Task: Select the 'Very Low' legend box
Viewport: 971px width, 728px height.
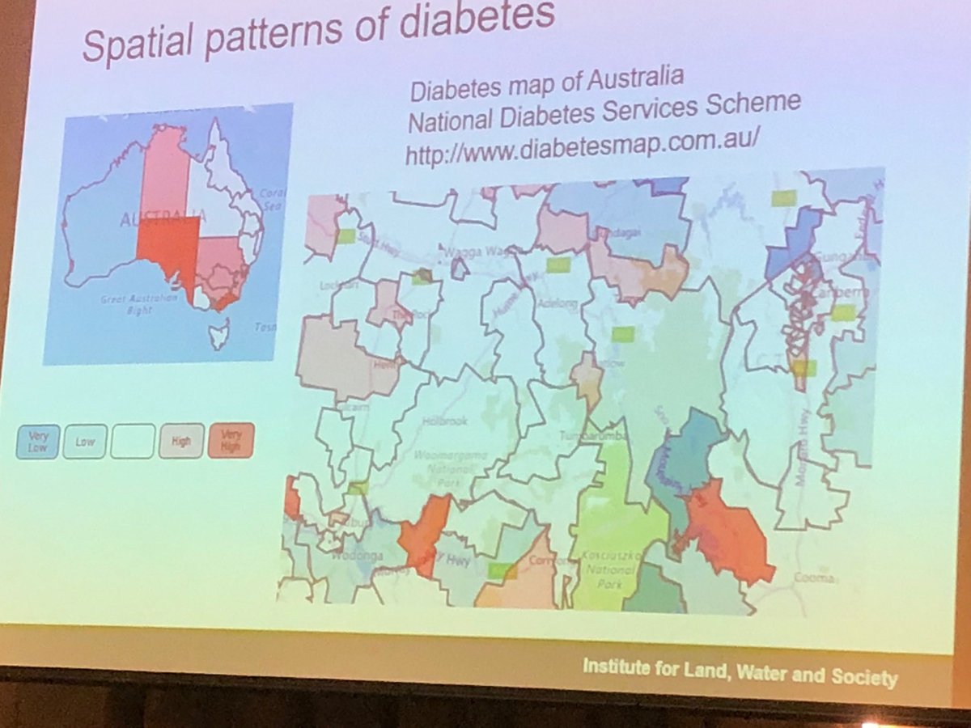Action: click(36, 442)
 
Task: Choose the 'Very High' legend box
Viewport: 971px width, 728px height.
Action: click(231, 441)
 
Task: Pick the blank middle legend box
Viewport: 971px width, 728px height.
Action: click(133, 442)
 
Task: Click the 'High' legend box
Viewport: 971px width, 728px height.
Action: click(181, 442)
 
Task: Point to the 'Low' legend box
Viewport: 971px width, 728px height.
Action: click(84, 442)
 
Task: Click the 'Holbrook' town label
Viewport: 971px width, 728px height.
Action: click(442, 421)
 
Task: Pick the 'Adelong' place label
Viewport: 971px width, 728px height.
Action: click(555, 304)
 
